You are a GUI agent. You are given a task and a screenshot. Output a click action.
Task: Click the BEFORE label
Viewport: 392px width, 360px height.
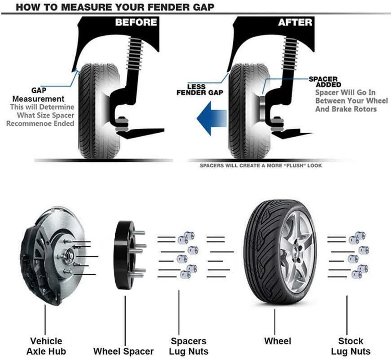click(x=136, y=22)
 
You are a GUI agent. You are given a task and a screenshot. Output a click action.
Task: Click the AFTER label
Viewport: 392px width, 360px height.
click(x=295, y=22)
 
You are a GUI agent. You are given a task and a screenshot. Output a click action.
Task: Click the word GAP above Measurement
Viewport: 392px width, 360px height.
click(x=39, y=90)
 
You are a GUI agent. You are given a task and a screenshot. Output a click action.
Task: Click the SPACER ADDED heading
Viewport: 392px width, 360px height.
click(x=325, y=82)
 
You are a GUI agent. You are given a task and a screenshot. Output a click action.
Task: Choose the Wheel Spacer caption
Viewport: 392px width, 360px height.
click(x=123, y=351)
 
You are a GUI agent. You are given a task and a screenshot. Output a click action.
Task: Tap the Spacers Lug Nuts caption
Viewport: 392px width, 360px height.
click(x=188, y=346)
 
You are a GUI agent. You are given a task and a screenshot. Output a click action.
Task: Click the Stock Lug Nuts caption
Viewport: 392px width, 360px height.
click(x=351, y=346)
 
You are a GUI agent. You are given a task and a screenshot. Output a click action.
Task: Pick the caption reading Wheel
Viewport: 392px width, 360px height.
click(x=277, y=341)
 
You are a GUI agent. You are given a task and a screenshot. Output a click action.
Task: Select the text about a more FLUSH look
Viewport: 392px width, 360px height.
click(x=261, y=165)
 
